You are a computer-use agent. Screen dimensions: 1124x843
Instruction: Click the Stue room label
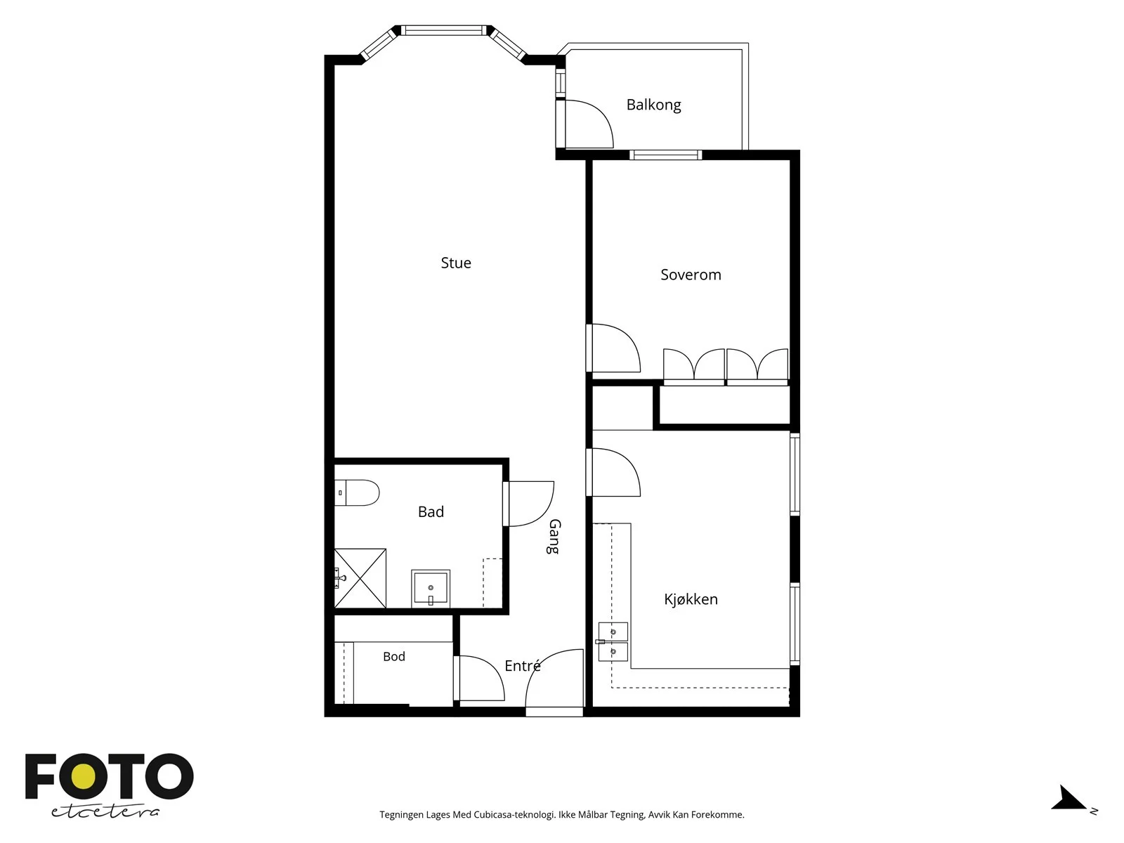tap(456, 263)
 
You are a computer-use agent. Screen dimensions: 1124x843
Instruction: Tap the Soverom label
tap(691, 275)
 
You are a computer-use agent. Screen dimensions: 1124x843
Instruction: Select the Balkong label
tap(654, 105)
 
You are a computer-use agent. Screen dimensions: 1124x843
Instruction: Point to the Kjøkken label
tap(691, 599)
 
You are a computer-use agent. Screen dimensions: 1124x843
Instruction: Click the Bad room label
tap(431, 512)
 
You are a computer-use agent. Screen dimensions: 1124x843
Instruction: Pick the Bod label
tap(394, 656)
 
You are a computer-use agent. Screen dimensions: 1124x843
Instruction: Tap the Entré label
tap(523, 665)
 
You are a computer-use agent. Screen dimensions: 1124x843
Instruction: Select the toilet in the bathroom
tap(357, 493)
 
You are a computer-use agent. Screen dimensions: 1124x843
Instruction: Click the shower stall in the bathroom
tap(360, 578)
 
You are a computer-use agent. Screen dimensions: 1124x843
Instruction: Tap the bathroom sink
tap(431, 589)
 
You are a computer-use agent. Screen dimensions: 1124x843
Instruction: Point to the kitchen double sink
tap(613, 642)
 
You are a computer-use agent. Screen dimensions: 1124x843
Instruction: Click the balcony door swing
tap(589, 124)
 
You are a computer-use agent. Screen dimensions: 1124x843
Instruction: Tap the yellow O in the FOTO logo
tap(84, 777)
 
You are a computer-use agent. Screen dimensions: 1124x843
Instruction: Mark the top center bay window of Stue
tap(443, 31)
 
